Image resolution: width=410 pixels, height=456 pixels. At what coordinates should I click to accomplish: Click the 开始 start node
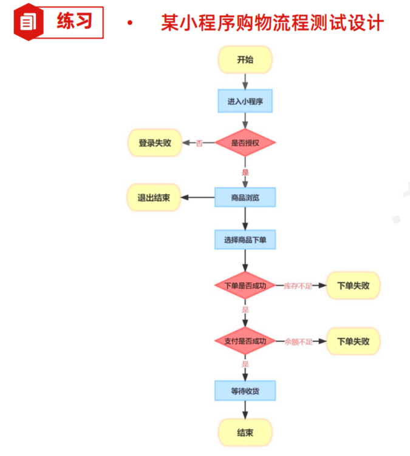point(245,59)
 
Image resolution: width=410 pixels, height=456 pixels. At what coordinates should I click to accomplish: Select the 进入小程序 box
point(245,101)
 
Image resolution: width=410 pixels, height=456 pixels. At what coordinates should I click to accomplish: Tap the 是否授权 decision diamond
point(245,143)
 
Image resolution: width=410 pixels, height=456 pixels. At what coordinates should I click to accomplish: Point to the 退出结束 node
point(154,198)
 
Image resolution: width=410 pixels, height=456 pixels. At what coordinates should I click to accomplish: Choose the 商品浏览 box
point(245,198)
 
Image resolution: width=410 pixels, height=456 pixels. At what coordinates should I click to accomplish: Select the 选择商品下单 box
point(245,240)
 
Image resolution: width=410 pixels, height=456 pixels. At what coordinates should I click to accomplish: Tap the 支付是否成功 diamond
point(245,341)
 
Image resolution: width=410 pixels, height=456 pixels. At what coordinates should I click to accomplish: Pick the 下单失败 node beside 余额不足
point(353,341)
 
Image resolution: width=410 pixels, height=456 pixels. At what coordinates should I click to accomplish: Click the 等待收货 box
point(245,391)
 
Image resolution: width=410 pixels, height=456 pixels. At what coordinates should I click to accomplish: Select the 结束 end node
point(245,432)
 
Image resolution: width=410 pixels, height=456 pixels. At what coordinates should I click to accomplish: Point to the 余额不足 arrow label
point(298,342)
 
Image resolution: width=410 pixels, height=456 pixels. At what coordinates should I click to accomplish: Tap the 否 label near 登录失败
point(199,144)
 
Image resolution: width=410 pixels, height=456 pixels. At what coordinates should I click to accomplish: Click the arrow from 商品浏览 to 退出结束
point(198,198)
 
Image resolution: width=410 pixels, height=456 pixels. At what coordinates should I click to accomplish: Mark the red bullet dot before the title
point(129,24)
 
